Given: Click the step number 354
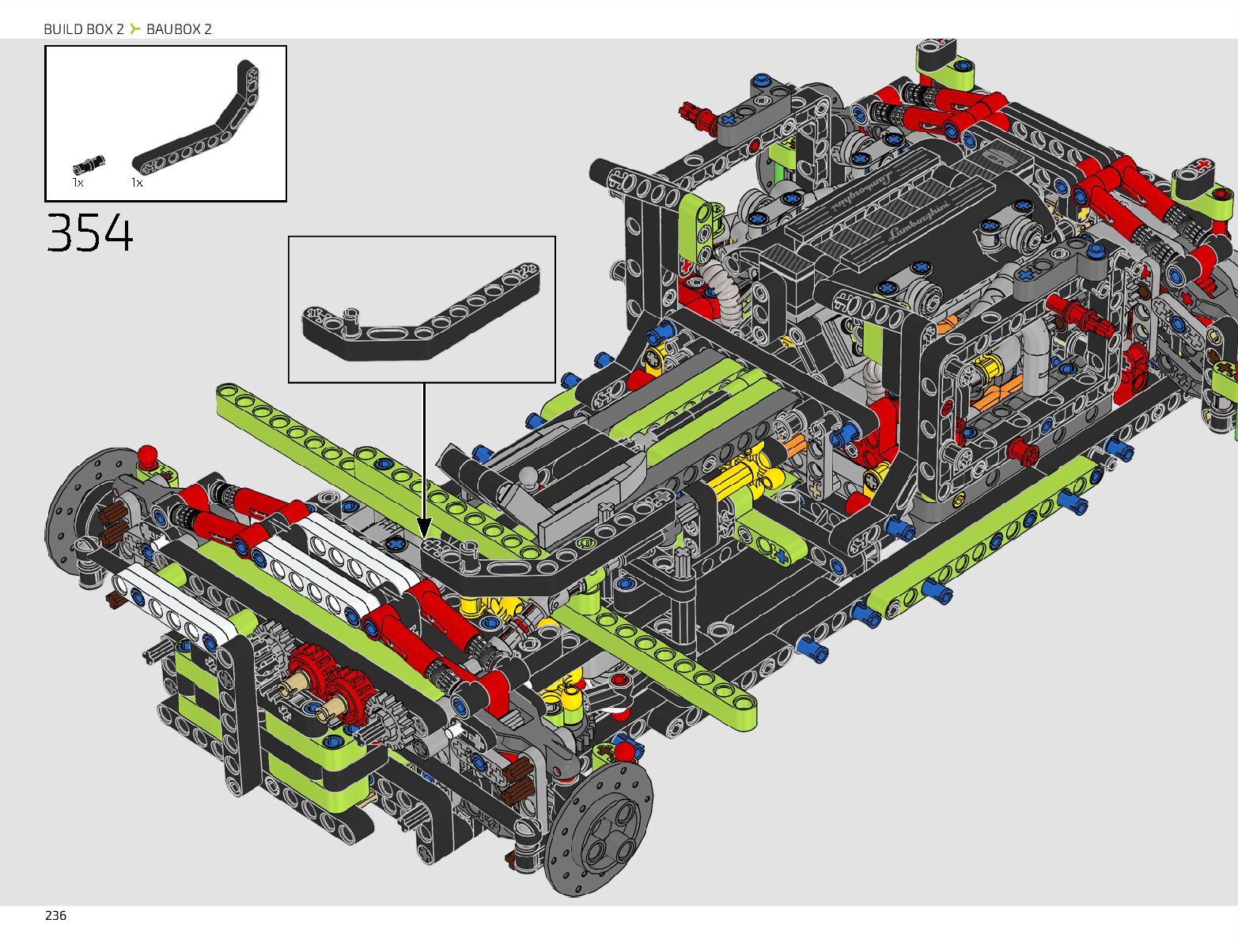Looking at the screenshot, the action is (x=89, y=233).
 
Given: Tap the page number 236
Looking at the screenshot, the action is (x=55, y=916).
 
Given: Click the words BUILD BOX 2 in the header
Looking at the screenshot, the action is (x=84, y=29).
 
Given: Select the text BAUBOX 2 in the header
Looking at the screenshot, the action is (x=179, y=29).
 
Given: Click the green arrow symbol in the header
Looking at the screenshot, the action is (x=134, y=28).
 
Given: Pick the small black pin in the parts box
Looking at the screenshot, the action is (x=89, y=166).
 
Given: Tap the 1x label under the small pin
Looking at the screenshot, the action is (x=78, y=183).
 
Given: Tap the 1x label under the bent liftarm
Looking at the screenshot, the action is (x=137, y=183).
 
